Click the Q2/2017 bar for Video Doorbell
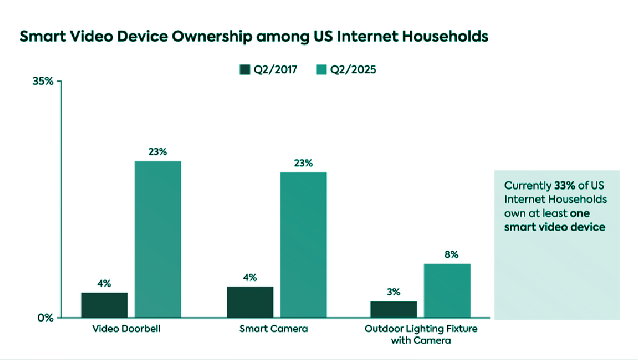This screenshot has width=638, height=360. tap(105, 305)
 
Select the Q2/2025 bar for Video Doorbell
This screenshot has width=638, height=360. tap(158, 239)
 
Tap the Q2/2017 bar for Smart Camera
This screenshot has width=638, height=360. tap(250, 302)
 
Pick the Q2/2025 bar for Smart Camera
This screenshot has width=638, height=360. tap(303, 245)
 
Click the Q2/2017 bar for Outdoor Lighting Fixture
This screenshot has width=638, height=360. tap(393, 309)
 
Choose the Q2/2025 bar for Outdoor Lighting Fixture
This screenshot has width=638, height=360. tap(447, 290)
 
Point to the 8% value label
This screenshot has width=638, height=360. tap(451, 255)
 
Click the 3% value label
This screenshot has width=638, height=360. tap(393, 291)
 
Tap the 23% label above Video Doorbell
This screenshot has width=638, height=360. tap(158, 152)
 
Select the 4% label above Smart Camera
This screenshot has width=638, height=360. tap(250, 278)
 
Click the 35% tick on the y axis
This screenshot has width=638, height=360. tap(43, 81)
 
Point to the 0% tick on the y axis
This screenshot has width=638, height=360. tap(45, 318)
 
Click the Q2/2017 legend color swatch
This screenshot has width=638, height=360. tap(245, 70)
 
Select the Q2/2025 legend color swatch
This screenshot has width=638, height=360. tap(321, 70)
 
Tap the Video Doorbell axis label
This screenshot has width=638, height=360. tap(126, 329)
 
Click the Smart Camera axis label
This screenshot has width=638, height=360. tap(274, 329)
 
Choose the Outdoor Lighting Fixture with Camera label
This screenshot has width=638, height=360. tap(420, 334)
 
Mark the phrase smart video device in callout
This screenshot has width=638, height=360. tap(554, 227)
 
